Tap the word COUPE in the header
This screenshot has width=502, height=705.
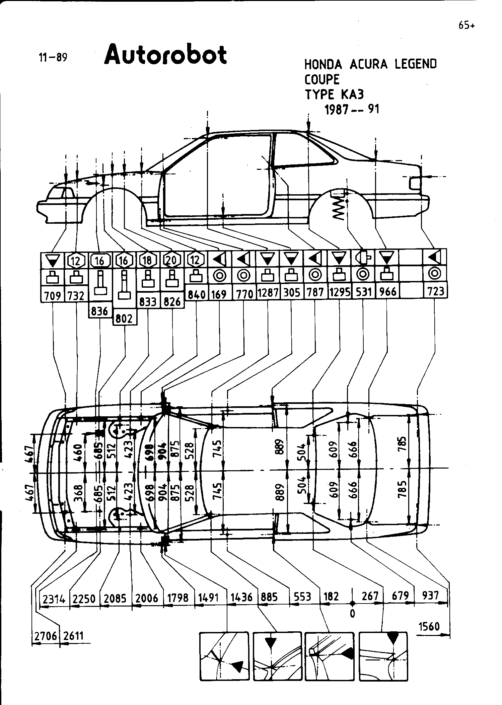pos(322,79)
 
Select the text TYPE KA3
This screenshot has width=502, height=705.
pos(334,95)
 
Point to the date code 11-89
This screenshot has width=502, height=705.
pos(53,58)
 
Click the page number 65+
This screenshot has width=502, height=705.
pos(467,25)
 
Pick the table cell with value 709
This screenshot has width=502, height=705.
pos(53,296)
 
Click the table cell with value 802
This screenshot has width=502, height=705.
pos(124,319)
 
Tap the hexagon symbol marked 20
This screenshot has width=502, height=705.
pos(172,260)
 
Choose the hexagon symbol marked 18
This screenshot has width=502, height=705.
pos(148,260)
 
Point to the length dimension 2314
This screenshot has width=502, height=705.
pos(54,598)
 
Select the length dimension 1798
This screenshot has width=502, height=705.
pos(178,597)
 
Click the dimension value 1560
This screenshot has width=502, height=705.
pos(429,626)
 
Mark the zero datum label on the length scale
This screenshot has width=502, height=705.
pos(352,613)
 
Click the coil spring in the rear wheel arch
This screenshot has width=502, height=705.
pos(339,208)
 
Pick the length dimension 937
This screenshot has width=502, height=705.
pos(430,595)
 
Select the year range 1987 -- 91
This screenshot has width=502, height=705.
pos(352,110)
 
